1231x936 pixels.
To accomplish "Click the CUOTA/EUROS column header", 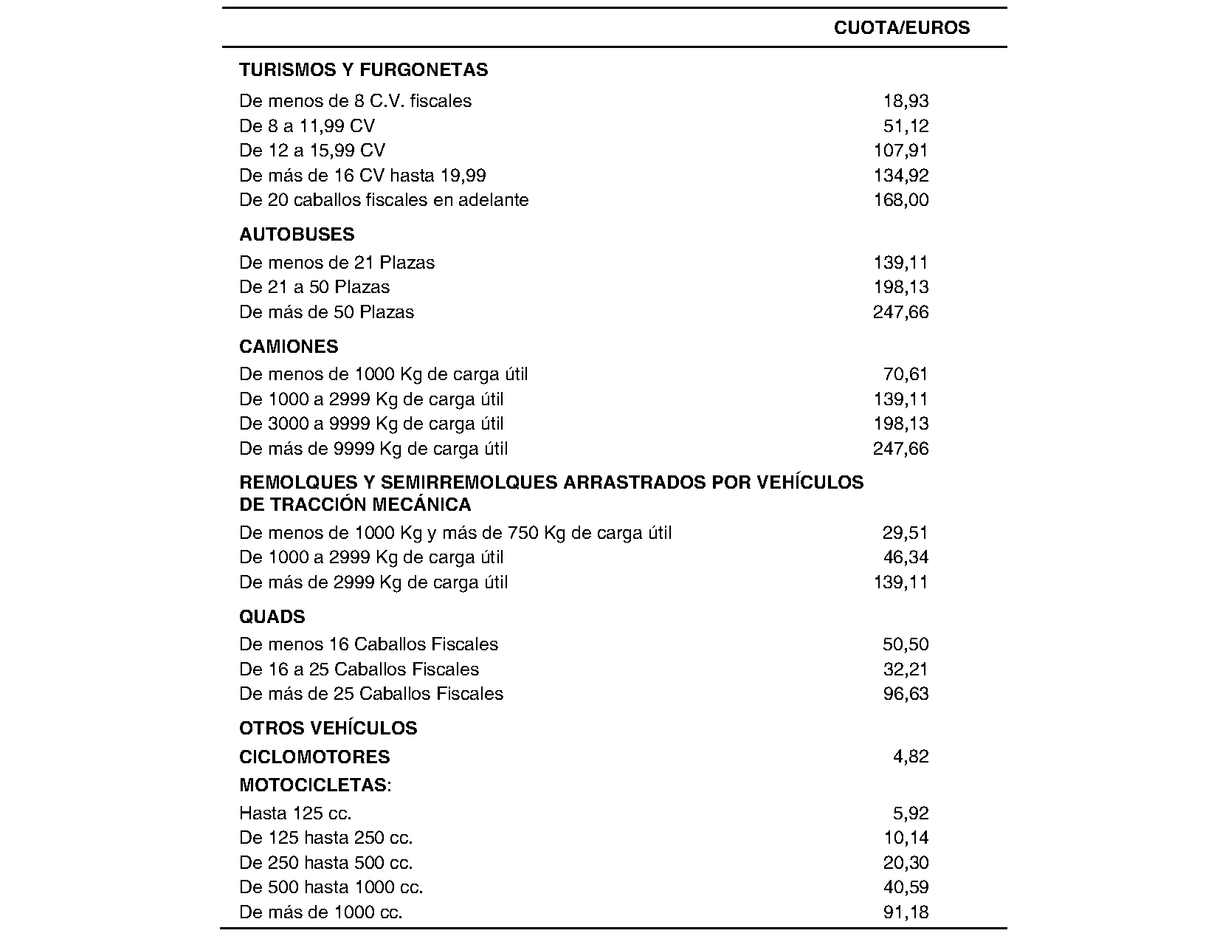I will pos(901,28).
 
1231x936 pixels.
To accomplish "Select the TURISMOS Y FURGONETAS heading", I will pos(363,70).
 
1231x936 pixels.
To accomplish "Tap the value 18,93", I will pos(906,101).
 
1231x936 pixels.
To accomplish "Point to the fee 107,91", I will pos(900,151).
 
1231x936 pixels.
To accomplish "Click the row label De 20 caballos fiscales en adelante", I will pos(384,200).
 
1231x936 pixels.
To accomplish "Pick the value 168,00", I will pos(900,200).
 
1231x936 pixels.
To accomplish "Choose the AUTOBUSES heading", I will pos(297,235).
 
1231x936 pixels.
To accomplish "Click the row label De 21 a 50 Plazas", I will pos(314,287).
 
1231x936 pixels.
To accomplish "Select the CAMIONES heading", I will pos(289,347).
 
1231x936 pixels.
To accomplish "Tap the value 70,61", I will pos(906,374).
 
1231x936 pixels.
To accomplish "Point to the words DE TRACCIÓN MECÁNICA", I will pos(355,505).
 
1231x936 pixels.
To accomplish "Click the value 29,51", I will pos(906,533).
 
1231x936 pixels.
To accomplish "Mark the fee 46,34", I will pos(906,557).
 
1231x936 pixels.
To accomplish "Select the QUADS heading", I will pos(272,617).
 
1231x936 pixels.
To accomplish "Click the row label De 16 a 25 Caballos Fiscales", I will pos(359,670).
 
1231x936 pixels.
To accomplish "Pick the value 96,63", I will pos(906,694).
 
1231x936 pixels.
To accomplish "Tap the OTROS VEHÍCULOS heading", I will pos(328,729).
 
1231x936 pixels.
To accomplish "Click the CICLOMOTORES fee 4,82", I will pos(911,757).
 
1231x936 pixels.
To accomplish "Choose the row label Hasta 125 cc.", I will pos(295,813).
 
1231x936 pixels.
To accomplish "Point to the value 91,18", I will pos(906,912).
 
